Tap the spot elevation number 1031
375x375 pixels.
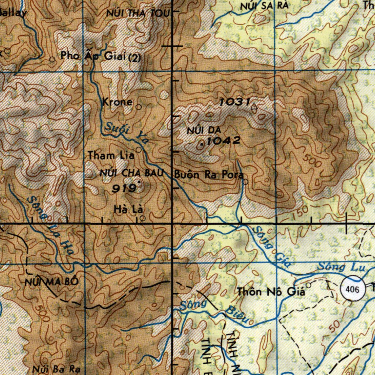pyautogui.click(x=234, y=102)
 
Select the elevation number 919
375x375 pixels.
pyautogui.click(x=123, y=189)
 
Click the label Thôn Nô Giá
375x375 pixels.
pyautogui.click(x=271, y=292)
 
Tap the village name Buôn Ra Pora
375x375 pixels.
pyautogui.click(x=209, y=175)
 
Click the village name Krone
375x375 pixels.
pyautogui.click(x=117, y=102)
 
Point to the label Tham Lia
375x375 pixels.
pyautogui.click(x=111, y=156)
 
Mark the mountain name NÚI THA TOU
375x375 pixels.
pyautogui.click(x=138, y=14)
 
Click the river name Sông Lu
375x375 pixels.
pyautogui.click(x=341, y=267)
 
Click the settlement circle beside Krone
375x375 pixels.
pyautogui.click(x=139, y=107)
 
